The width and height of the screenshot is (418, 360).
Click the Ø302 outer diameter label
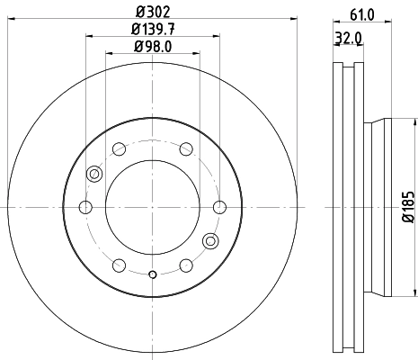152,13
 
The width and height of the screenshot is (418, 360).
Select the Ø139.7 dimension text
152,30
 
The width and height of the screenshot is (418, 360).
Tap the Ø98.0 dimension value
152,47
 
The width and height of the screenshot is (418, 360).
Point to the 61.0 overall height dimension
360,13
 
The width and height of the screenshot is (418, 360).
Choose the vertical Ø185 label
406,209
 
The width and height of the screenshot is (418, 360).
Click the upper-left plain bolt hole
120,149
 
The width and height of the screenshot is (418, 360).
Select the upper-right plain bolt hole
185,149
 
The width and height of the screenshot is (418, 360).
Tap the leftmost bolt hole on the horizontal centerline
86,208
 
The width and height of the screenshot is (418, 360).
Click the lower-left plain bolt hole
120,265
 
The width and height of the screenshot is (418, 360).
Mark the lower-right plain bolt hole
185,265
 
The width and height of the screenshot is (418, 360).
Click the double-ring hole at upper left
93,175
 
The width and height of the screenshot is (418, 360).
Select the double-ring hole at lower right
211,240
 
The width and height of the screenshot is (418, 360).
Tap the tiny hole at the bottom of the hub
153,274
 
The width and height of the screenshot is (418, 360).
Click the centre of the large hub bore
152,208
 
